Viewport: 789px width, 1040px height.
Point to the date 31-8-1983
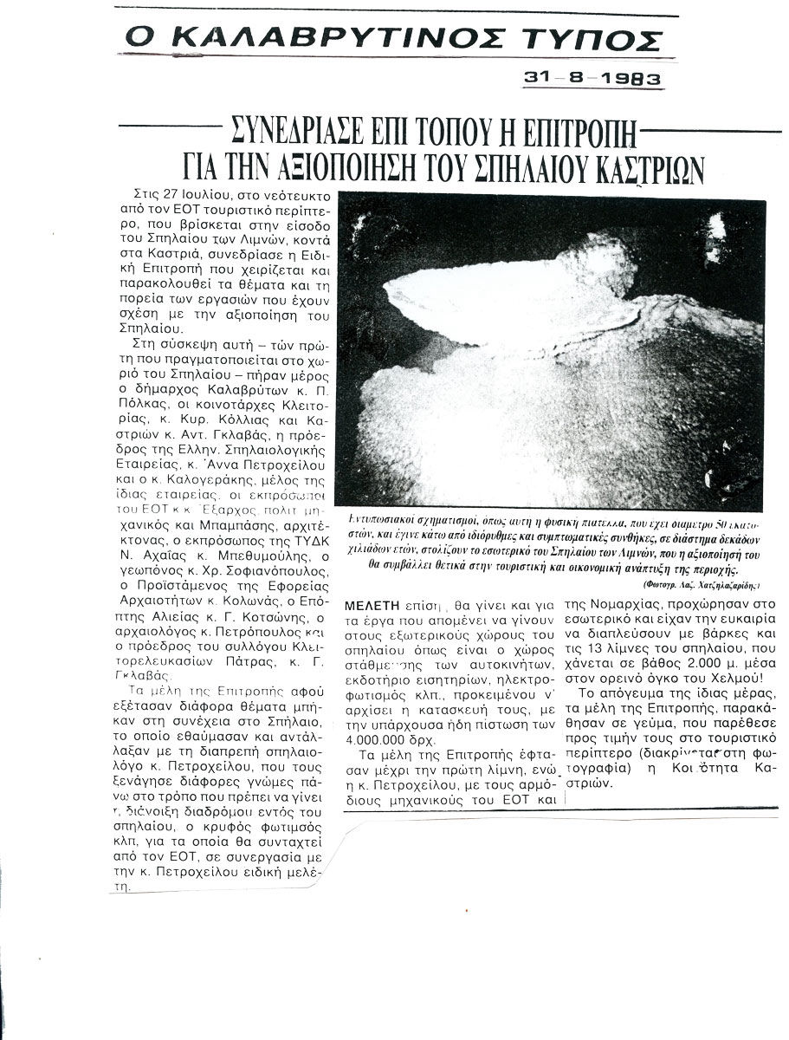point(592,78)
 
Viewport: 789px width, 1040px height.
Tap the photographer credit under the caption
point(700,586)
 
